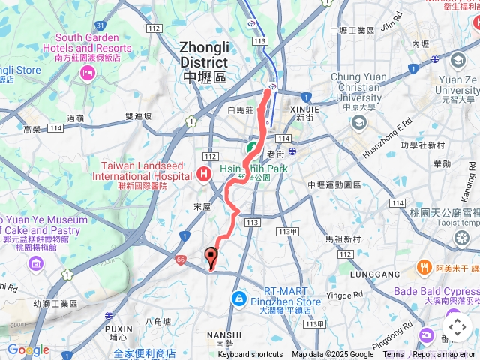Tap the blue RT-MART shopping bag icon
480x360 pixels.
(238, 298)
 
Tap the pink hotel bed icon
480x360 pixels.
(88, 73)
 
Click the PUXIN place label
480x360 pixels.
(119, 328)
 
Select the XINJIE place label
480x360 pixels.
(304, 109)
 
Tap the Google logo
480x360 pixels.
(28, 349)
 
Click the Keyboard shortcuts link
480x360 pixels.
(250, 355)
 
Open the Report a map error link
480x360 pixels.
(445, 355)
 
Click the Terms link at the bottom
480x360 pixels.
(393, 355)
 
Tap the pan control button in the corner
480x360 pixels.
(457, 328)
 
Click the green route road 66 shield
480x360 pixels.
(181, 258)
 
